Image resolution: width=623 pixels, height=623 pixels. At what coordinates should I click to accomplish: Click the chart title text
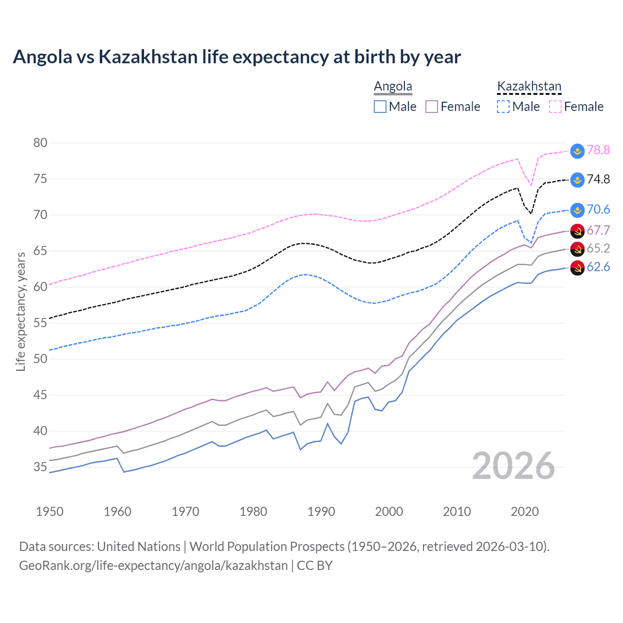(237, 57)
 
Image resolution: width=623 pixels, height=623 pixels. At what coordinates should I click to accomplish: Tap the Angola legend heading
(393, 87)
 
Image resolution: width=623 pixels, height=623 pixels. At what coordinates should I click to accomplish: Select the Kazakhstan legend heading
(529, 87)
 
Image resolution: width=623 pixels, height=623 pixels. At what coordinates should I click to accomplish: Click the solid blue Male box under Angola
(380, 107)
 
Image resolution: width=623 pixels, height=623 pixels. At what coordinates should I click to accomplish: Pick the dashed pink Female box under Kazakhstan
(555, 107)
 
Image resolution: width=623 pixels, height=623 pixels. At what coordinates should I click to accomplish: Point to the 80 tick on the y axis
(40, 143)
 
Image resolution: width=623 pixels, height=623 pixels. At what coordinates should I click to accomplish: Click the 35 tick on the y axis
(40, 467)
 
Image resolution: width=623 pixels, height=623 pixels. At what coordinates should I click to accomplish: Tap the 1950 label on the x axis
(50, 512)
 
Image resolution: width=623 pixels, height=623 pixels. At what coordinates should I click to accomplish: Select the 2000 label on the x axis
(389, 512)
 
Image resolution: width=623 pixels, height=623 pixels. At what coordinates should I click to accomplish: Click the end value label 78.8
(598, 150)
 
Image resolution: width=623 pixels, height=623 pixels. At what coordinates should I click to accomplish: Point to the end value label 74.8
(598, 180)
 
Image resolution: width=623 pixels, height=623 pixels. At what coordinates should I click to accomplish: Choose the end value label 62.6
(598, 267)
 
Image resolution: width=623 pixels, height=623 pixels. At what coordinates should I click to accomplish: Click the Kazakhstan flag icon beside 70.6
(577, 210)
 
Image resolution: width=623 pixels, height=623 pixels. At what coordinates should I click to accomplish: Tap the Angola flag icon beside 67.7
(577, 231)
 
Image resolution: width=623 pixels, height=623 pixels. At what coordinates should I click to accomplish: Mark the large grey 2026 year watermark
(513, 466)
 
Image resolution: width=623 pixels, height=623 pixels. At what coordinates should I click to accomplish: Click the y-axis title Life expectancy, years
(20, 311)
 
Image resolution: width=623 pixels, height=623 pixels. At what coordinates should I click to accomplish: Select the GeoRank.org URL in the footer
(153, 566)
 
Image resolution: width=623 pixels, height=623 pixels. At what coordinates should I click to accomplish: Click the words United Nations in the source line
(139, 547)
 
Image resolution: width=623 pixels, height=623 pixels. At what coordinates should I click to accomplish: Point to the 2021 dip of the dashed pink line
(531, 185)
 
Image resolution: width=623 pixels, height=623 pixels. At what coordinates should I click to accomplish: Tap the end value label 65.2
(598, 249)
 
